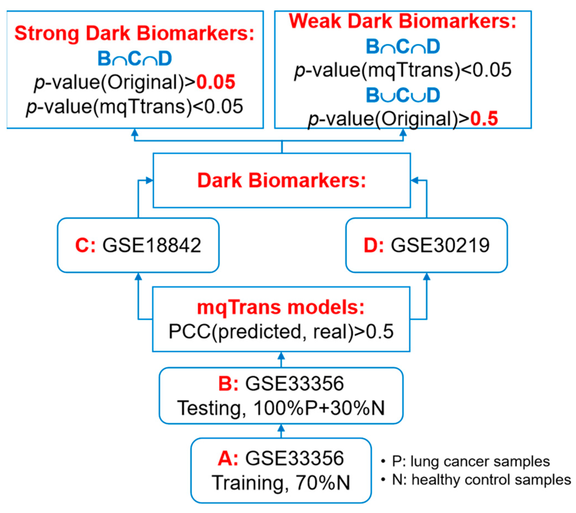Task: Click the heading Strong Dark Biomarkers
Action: point(134,34)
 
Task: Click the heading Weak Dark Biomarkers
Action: point(402,21)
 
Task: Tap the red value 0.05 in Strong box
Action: point(216,82)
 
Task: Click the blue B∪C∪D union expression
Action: point(403,95)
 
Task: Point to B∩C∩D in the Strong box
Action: point(134,59)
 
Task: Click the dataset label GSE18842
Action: point(151,245)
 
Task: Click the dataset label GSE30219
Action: point(440,245)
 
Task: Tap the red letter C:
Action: point(85,245)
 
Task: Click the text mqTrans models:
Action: point(281,307)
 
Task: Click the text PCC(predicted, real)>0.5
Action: point(281,332)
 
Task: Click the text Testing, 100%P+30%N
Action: point(281,408)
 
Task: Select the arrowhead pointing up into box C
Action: point(138,277)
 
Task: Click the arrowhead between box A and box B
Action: point(281,428)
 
